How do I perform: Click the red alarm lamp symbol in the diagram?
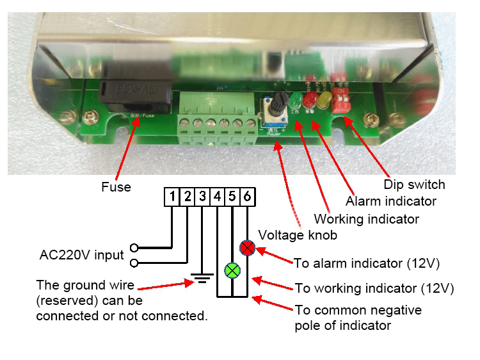tap(248, 248)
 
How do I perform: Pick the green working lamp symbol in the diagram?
tap(232, 271)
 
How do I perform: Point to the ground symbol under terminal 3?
tap(202, 279)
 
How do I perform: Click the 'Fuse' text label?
tap(116, 188)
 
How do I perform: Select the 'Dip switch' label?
tap(414, 184)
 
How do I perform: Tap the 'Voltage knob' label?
tap(297, 235)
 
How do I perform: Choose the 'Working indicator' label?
tap(366, 219)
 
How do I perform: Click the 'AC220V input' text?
tap(81, 255)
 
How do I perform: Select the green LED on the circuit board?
tap(296, 100)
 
